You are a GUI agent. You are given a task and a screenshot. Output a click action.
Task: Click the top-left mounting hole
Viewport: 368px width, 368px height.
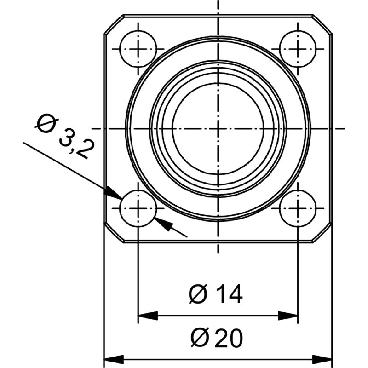click(138, 48)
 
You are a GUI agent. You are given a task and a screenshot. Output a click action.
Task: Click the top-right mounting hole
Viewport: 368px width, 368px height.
click(298, 48)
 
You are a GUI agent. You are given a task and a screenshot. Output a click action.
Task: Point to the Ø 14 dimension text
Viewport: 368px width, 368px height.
click(216, 294)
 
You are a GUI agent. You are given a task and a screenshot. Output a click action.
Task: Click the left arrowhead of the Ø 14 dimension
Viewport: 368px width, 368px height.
click(146, 316)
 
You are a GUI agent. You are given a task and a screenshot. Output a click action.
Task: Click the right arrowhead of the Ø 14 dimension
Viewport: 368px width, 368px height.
click(289, 316)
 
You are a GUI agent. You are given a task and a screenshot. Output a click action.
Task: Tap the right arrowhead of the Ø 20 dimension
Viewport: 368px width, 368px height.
click(323, 358)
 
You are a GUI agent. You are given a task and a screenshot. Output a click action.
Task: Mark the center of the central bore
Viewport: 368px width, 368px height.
click(218, 128)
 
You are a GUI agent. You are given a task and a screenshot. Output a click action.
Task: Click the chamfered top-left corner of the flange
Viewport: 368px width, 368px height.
click(114, 25)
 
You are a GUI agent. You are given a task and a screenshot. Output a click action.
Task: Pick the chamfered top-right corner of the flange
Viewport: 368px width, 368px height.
click(322, 25)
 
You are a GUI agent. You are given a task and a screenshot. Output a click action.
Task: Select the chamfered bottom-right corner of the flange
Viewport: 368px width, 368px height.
click(322, 232)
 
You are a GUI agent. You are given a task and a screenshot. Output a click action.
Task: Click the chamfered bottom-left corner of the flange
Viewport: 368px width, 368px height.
click(114, 232)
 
